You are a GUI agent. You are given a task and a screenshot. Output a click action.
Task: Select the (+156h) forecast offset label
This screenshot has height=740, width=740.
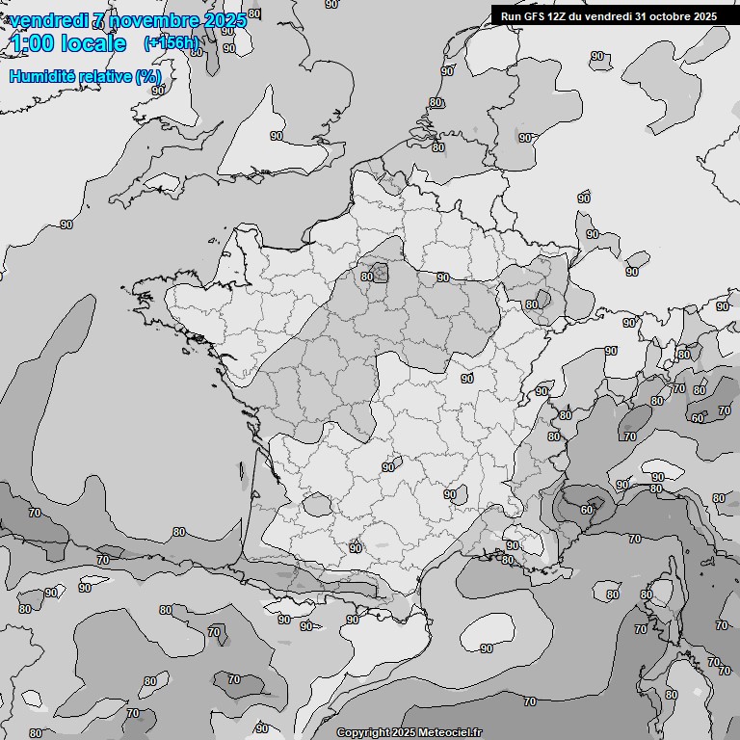pos(171,42)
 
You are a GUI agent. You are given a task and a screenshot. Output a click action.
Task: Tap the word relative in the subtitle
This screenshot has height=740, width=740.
pos(103,76)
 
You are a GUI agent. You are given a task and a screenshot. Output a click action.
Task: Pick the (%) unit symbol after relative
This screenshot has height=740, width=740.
pos(147,76)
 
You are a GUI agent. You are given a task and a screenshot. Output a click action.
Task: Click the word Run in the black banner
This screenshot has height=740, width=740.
pos(511,16)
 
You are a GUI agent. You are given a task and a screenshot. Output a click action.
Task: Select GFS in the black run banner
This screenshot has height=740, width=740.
pos(534,16)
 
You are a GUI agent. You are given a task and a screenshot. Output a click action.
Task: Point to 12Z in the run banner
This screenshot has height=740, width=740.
pos(559,16)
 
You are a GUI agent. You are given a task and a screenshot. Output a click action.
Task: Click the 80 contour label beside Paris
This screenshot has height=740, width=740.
pos(367,277)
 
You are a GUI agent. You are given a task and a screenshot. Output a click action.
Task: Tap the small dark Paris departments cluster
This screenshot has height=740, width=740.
pos(380,273)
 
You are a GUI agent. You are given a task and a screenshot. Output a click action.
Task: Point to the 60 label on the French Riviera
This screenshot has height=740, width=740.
pos(588,510)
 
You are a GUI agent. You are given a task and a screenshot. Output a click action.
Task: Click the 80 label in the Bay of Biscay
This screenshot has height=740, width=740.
pos(179,532)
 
